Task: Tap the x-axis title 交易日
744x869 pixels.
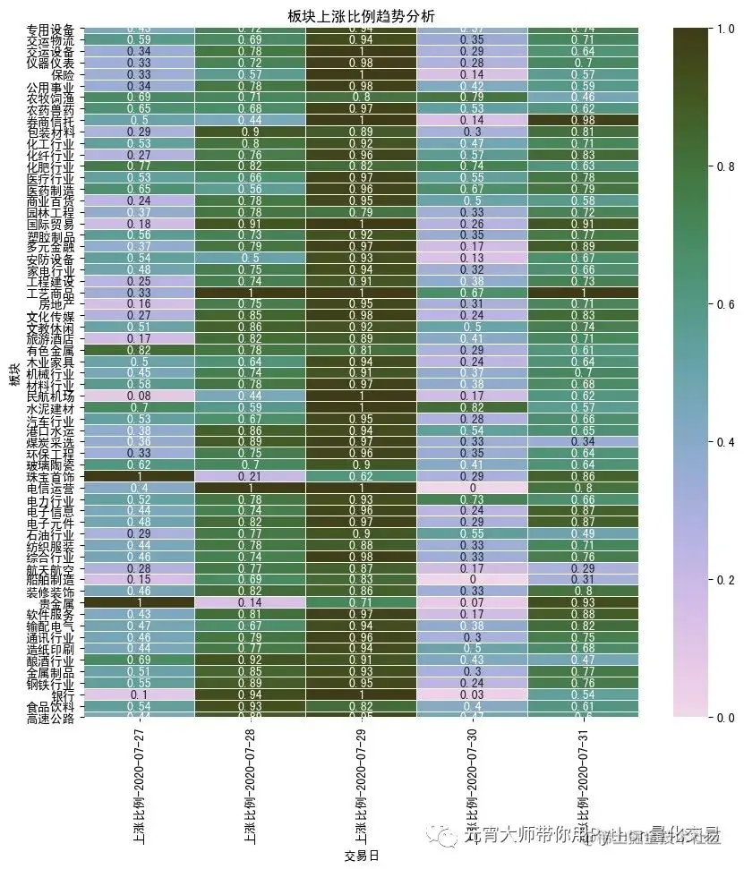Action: click(x=361, y=856)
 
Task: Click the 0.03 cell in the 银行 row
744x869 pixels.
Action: click(x=472, y=694)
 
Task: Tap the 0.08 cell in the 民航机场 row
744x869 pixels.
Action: click(x=138, y=395)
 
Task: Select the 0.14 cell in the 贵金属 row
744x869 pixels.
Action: click(x=250, y=603)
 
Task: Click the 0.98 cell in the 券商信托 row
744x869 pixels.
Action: click(x=583, y=119)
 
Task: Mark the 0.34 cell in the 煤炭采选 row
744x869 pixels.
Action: click(x=583, y=440)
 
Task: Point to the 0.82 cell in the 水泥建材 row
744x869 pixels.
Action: click(x=472, y=406)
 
